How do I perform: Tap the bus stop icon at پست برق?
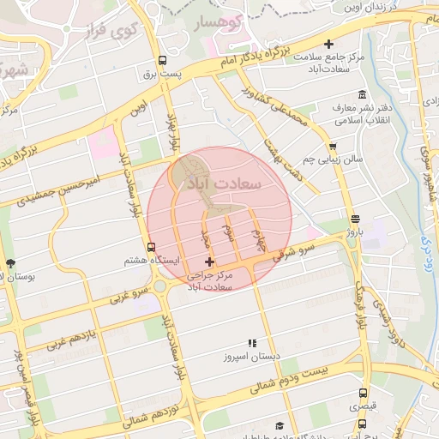click(x=163, y=61)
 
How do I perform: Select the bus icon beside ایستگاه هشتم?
click(x=152, y=247)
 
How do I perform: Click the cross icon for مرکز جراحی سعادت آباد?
click(x=209, y=261)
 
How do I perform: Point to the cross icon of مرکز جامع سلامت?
click(x=328, y=44)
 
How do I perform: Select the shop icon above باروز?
click(x=355, y=219)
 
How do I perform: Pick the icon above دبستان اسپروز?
click(x=252, y=342)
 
